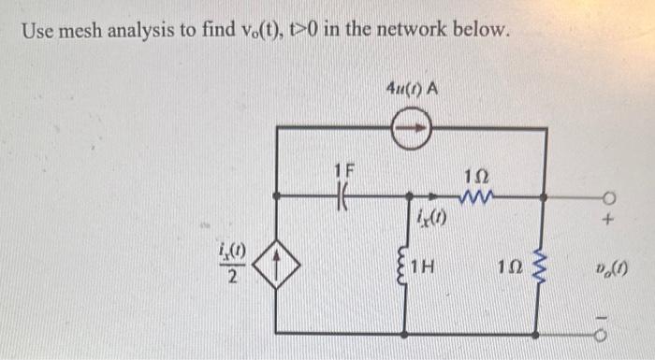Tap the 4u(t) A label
tap(413, 90)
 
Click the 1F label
tap(343, 172)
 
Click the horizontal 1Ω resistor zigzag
tap(477, 196)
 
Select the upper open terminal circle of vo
tap(610, 197)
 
